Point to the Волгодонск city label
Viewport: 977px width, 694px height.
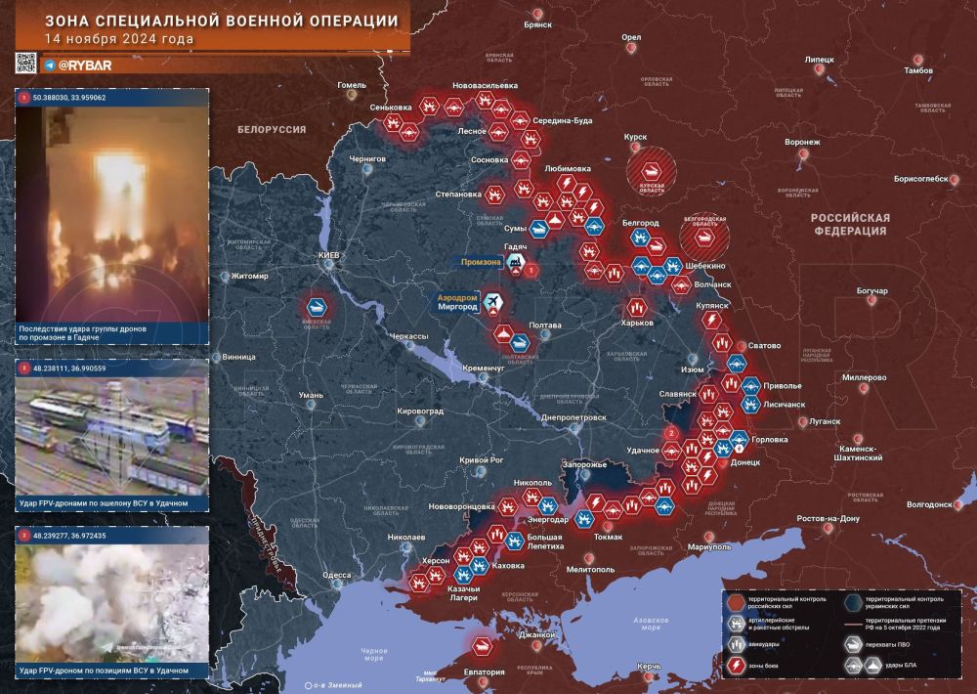click(928, 504)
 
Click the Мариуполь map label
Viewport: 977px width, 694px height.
click(709, 547)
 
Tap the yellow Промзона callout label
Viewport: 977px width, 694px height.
click(481, 263)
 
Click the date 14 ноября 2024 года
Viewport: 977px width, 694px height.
click(118, 39)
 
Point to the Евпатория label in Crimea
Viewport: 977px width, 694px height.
click(485, 672)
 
